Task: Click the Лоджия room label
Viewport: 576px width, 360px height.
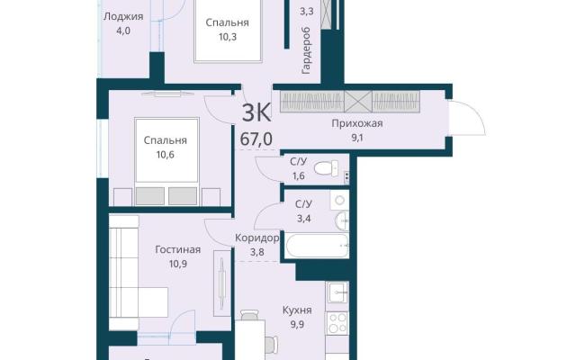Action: pos(123,16)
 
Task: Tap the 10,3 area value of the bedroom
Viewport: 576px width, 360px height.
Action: pos(228,37)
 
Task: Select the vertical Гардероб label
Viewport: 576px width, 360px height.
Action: pos(306,50)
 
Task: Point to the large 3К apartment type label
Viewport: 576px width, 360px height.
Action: pos(256,112)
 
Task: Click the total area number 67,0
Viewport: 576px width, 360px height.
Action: pos(256,139)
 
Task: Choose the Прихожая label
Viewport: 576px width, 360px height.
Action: pos(357,123)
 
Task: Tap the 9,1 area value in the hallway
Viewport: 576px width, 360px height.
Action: pos(357,138)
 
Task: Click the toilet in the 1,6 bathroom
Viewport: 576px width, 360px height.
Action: pos(327,168)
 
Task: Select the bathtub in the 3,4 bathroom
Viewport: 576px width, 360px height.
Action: pos(317,246)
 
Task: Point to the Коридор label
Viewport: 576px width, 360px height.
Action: pos(256,238)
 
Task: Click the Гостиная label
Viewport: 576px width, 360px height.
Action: pos(178,250)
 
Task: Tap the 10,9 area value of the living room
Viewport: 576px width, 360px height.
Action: pos(178,264)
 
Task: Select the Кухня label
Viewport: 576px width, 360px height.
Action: pos(297,310)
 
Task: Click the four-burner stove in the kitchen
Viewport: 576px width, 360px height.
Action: pos(337,324)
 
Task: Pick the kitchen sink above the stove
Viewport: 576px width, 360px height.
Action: pos(337,292)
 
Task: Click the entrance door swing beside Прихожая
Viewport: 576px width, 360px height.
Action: pos(467,118)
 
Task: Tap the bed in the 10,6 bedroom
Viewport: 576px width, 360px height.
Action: pos(166,150)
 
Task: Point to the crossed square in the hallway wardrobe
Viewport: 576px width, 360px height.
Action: pos(358,102)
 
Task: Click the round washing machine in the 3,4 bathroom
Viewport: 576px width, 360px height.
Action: pos(340,201)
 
